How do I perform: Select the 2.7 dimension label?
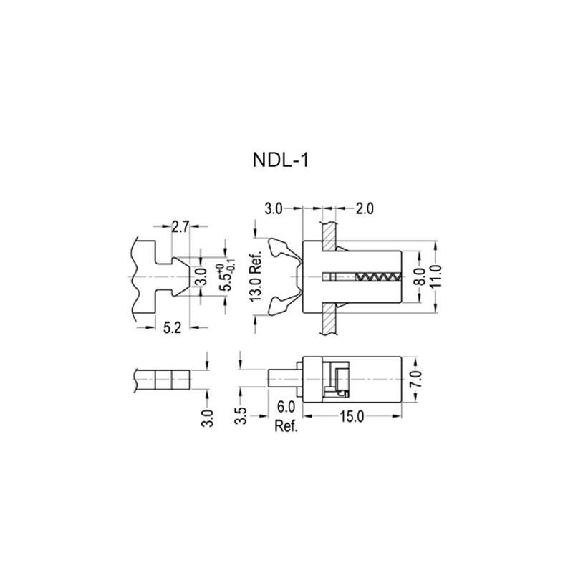pos(180,228)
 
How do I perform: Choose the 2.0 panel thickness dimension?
pos(365,209)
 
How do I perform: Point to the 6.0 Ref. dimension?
pos(286,416)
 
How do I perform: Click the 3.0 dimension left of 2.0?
pos(274,209)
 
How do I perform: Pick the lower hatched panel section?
pos(329,318)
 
